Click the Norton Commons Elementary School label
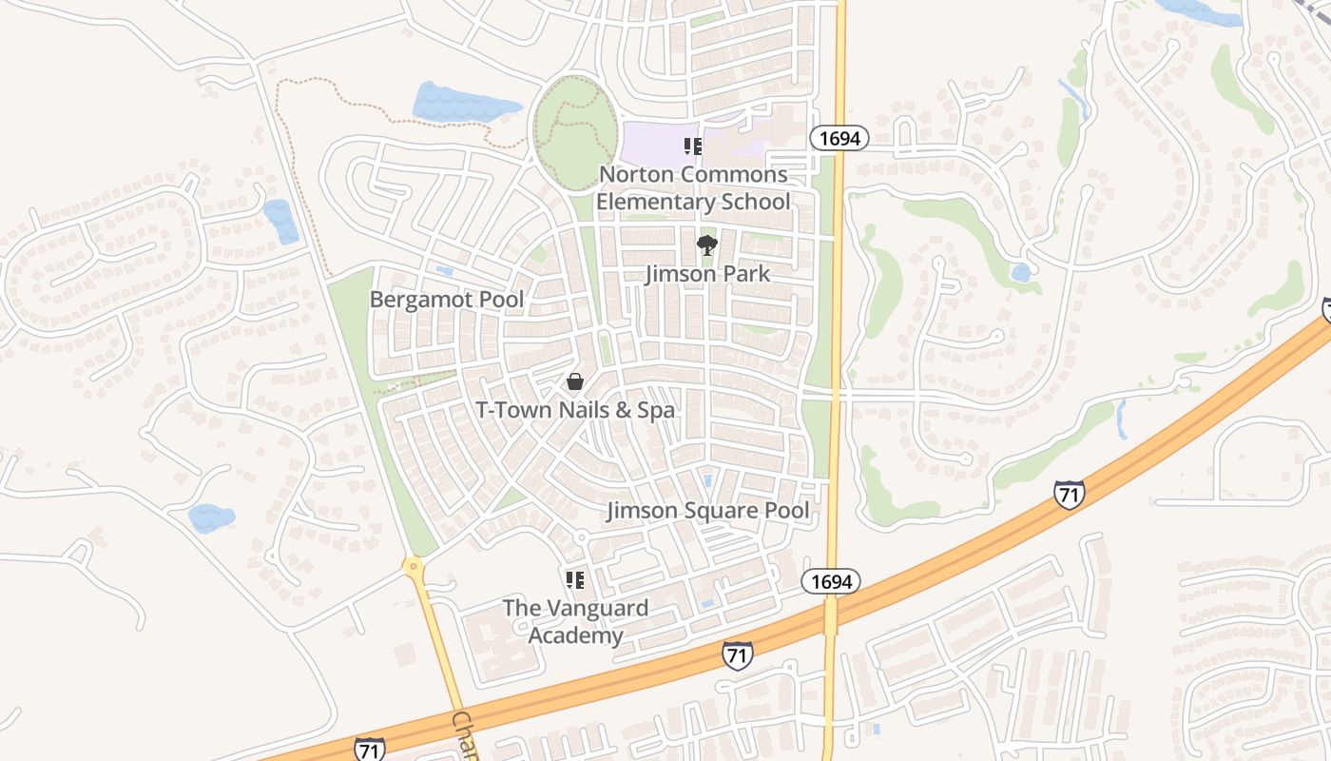click(692, 188)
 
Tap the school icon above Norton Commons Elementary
click(693, 146)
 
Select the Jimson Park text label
click(707, 274)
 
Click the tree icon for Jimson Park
click(706, 245)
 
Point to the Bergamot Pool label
click(446, 300)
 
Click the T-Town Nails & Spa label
click(575, 410)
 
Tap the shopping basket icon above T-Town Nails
click(575, 381)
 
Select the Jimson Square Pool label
click(708, 511)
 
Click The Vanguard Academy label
click(575, 621)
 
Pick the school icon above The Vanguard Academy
click(575, 579)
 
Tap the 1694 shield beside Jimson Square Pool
click(830, 581)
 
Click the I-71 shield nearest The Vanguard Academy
click(737, 654)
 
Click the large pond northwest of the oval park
click(453, 103)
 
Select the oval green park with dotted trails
click(575, 133)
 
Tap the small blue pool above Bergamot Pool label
click(444, 270)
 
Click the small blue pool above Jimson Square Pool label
click(706, 481)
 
